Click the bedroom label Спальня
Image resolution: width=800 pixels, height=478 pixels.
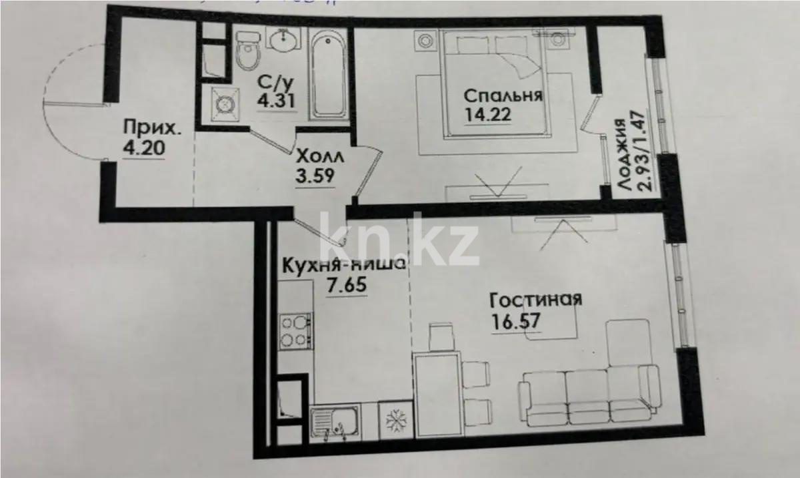pos(503,95)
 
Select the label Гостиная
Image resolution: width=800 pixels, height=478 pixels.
pos(535,299)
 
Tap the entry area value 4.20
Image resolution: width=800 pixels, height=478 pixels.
pos(142,146)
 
